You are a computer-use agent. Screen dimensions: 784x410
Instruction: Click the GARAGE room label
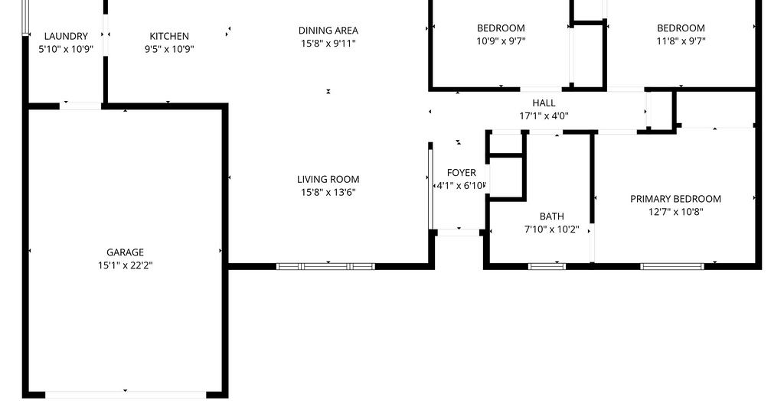[x=125, y=252]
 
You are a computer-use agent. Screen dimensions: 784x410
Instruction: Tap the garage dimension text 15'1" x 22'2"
[x=125, y=265]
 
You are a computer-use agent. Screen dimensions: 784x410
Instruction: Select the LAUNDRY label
[x=66, y=36]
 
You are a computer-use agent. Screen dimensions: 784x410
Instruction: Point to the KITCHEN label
[x=169, y=36]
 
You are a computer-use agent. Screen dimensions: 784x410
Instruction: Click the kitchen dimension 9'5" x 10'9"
[x=169, y=49]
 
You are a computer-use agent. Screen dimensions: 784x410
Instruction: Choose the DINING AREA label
[x=328, y=31]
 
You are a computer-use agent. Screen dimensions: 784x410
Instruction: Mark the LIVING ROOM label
[x=328, y=179]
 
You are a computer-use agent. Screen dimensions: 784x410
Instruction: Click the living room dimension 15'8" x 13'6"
[x=328, y=192]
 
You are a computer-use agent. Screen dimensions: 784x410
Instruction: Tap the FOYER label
[x=462, y=173]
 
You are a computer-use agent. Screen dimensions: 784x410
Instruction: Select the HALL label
[x=544, y=102]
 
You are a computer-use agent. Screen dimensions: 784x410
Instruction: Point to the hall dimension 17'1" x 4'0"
[x=544, y=116]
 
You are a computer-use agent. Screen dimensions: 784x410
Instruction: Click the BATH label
[x=552, y=216]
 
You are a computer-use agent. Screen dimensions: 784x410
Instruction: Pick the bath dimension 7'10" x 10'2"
[x=552, y=229]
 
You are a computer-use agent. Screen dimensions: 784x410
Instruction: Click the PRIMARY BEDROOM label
[x=675, y=199]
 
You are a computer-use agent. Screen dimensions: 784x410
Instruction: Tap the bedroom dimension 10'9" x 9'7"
[x=501, y=41]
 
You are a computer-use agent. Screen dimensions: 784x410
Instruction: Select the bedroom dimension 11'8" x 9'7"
[x=681, y=41]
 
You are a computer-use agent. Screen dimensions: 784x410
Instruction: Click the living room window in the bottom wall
[x=325, y=267]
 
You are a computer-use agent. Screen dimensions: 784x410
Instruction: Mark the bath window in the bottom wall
[x=547, y=267]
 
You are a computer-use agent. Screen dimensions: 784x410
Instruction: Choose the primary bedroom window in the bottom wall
[x=672, y=267]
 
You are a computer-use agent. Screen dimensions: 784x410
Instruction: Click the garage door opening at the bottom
[x=126, y=395]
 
